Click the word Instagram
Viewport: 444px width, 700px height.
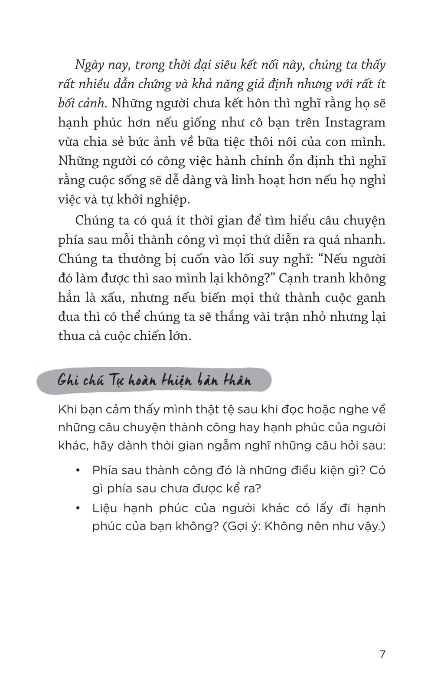pyautogui.click(x=355, y=123)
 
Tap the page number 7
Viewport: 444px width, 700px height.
pyautogui.click(x=382, y=654)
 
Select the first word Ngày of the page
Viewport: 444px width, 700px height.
pyautogui.click(x=90, y=65)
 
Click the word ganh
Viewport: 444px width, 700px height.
pyautogui.click(x=370, y=298)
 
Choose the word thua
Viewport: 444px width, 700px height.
pyautogui.click(x=71, y=336)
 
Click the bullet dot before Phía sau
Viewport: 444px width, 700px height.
pyautogui.click(x=78, y=471)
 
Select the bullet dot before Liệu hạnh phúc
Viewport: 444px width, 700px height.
pyautogui.click(x=78, y=508)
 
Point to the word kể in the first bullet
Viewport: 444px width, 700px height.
pyautogui.click(x=231, y=489)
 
